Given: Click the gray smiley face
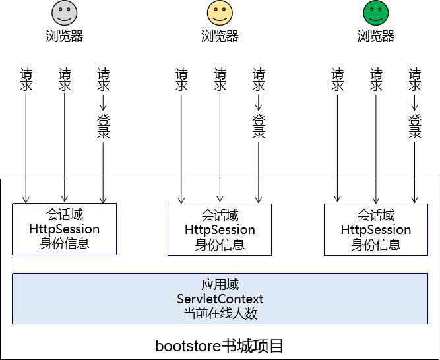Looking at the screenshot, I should (x=65, y=13).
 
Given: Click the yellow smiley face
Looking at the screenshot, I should (x=220, y=13).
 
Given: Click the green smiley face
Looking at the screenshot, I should (x=375, y=13).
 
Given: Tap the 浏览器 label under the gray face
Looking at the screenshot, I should (x=65, y=36).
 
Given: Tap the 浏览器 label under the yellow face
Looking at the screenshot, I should (x=220, y=36).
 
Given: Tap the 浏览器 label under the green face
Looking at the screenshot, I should (x=375, y=36).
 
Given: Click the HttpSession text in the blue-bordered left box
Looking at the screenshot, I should (x=65, y=229).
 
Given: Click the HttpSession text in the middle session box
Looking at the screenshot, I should (x=220, y=230).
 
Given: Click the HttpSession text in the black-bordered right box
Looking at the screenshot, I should (x=375, y=230).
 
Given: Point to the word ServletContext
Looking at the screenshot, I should (x=220, y=299).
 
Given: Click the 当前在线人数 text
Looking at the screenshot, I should (x=220, y=314).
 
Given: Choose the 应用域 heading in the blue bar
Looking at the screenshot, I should (x=220, y=285).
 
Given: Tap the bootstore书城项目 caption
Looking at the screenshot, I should (x=220, y=345).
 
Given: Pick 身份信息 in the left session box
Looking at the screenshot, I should (x=65, y=243).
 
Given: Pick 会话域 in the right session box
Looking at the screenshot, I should (x=375, y=216).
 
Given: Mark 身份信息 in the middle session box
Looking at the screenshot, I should (x=220, y=245).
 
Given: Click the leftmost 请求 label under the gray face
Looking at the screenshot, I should (x=26, y=79).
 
